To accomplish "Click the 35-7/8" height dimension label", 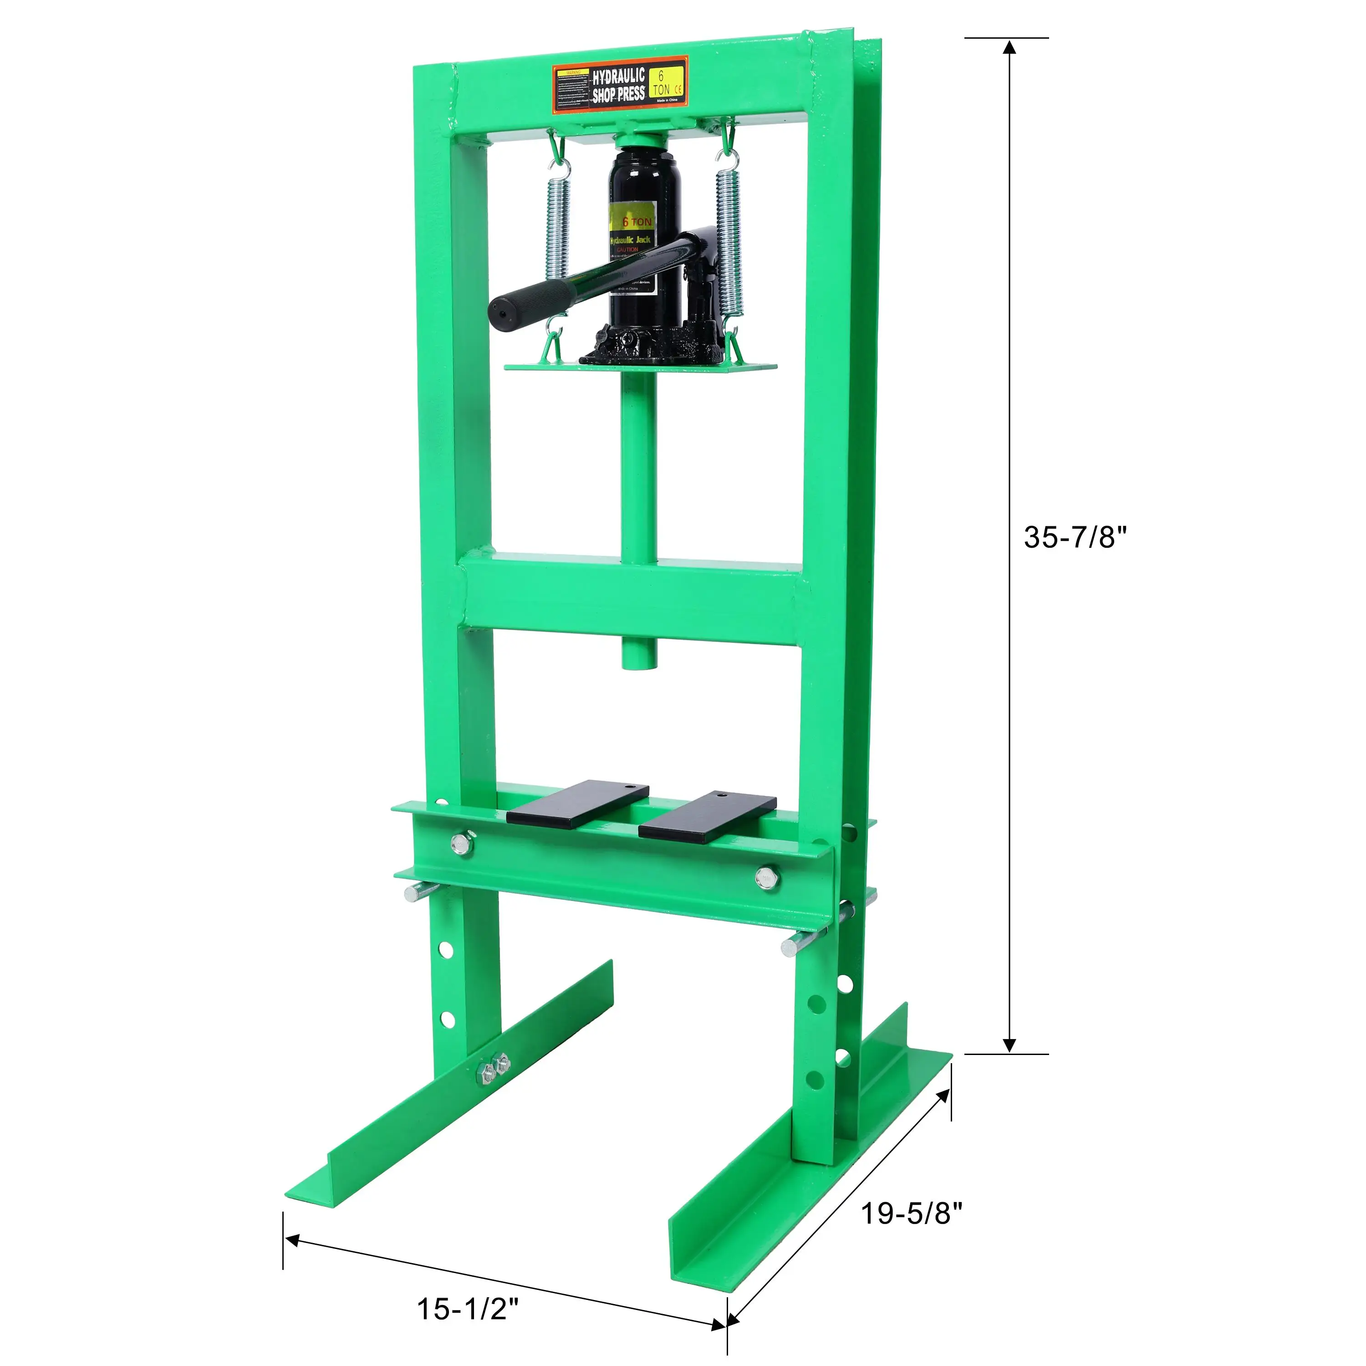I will point(1075,537).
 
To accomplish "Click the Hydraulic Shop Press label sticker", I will point(619,86).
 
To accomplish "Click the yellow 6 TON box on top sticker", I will point(667,82).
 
